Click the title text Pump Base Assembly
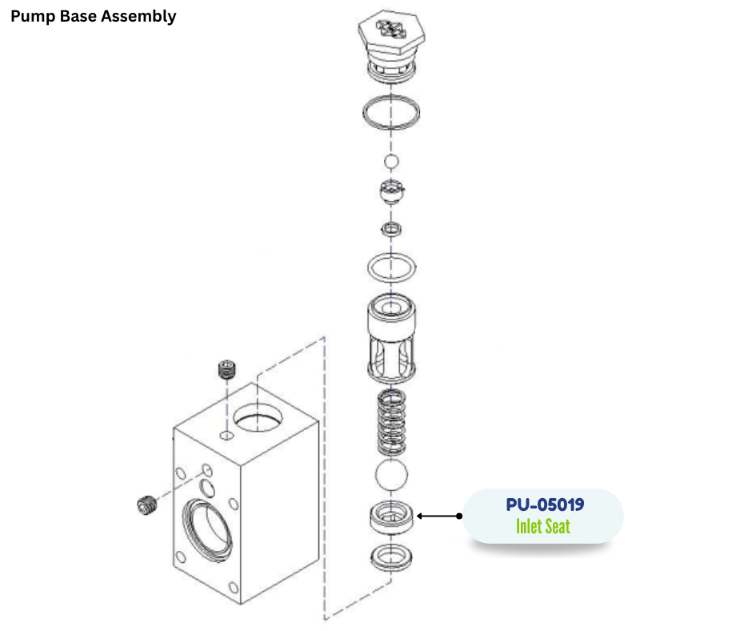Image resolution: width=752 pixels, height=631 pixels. point(94,16)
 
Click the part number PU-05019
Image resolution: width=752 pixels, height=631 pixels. point(544,505)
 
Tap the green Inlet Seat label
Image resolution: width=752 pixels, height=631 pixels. point(543,527)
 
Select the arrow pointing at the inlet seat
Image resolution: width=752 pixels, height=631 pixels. point(439,516)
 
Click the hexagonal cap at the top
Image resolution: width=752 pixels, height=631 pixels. point(390,37)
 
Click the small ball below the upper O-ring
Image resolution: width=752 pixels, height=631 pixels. point(390,163)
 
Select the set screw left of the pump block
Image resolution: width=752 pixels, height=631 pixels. point(146,505)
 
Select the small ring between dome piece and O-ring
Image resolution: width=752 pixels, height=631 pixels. point(390,231)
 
